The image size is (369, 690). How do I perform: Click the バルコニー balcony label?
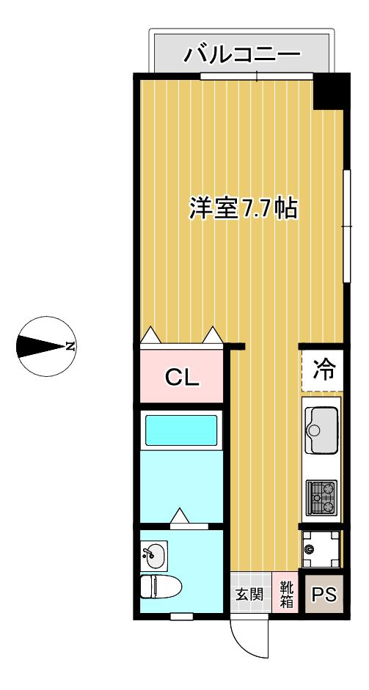pos(242,56)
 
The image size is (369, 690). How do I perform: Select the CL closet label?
pos(182,377)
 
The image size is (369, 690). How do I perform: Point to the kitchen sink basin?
pos(322,430)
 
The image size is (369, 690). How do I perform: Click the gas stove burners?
pos(321,497)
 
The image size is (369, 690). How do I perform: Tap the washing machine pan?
pos(321,548)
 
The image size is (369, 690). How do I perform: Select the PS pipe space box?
pos(324,595)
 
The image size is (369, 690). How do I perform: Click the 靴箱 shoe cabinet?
pos(286,595)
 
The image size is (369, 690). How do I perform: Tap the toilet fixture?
pos(161,586)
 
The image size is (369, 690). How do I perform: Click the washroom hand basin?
pos(153,555)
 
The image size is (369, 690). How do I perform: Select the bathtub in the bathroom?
pos(181,430)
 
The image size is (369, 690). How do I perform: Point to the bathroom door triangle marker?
pos(180,515)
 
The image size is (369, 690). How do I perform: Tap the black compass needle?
pos(41,346)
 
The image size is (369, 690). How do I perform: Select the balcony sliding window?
pos(257,76)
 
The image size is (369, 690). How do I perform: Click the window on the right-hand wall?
pos(347,226)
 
